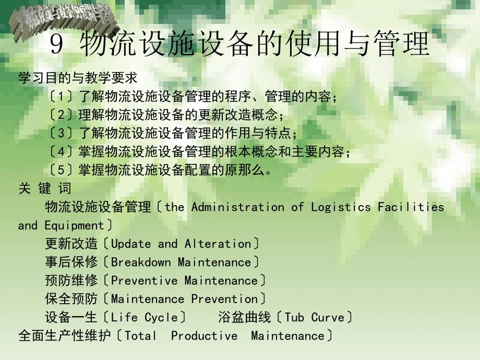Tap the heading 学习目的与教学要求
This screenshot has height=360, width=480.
point(78,78)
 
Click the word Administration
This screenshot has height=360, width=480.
point(238,207)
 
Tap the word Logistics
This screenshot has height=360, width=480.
point(341,207)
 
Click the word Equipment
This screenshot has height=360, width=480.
point(74,226)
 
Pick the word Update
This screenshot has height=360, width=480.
point(131,244)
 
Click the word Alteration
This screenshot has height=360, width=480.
point(218,244)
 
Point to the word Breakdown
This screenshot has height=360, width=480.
point(141,262)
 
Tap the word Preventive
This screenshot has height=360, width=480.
point(144,281)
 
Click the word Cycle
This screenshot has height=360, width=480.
point(162,318)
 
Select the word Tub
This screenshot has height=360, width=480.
point(294,318)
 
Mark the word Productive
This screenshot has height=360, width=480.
point(204,336)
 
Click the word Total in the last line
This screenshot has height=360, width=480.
point(141,336)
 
